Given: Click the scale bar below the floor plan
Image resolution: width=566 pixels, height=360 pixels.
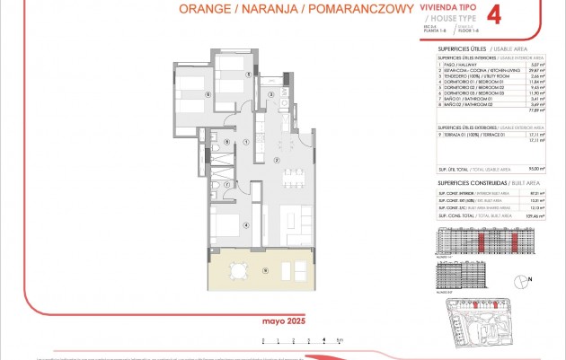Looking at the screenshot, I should [300, 340].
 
